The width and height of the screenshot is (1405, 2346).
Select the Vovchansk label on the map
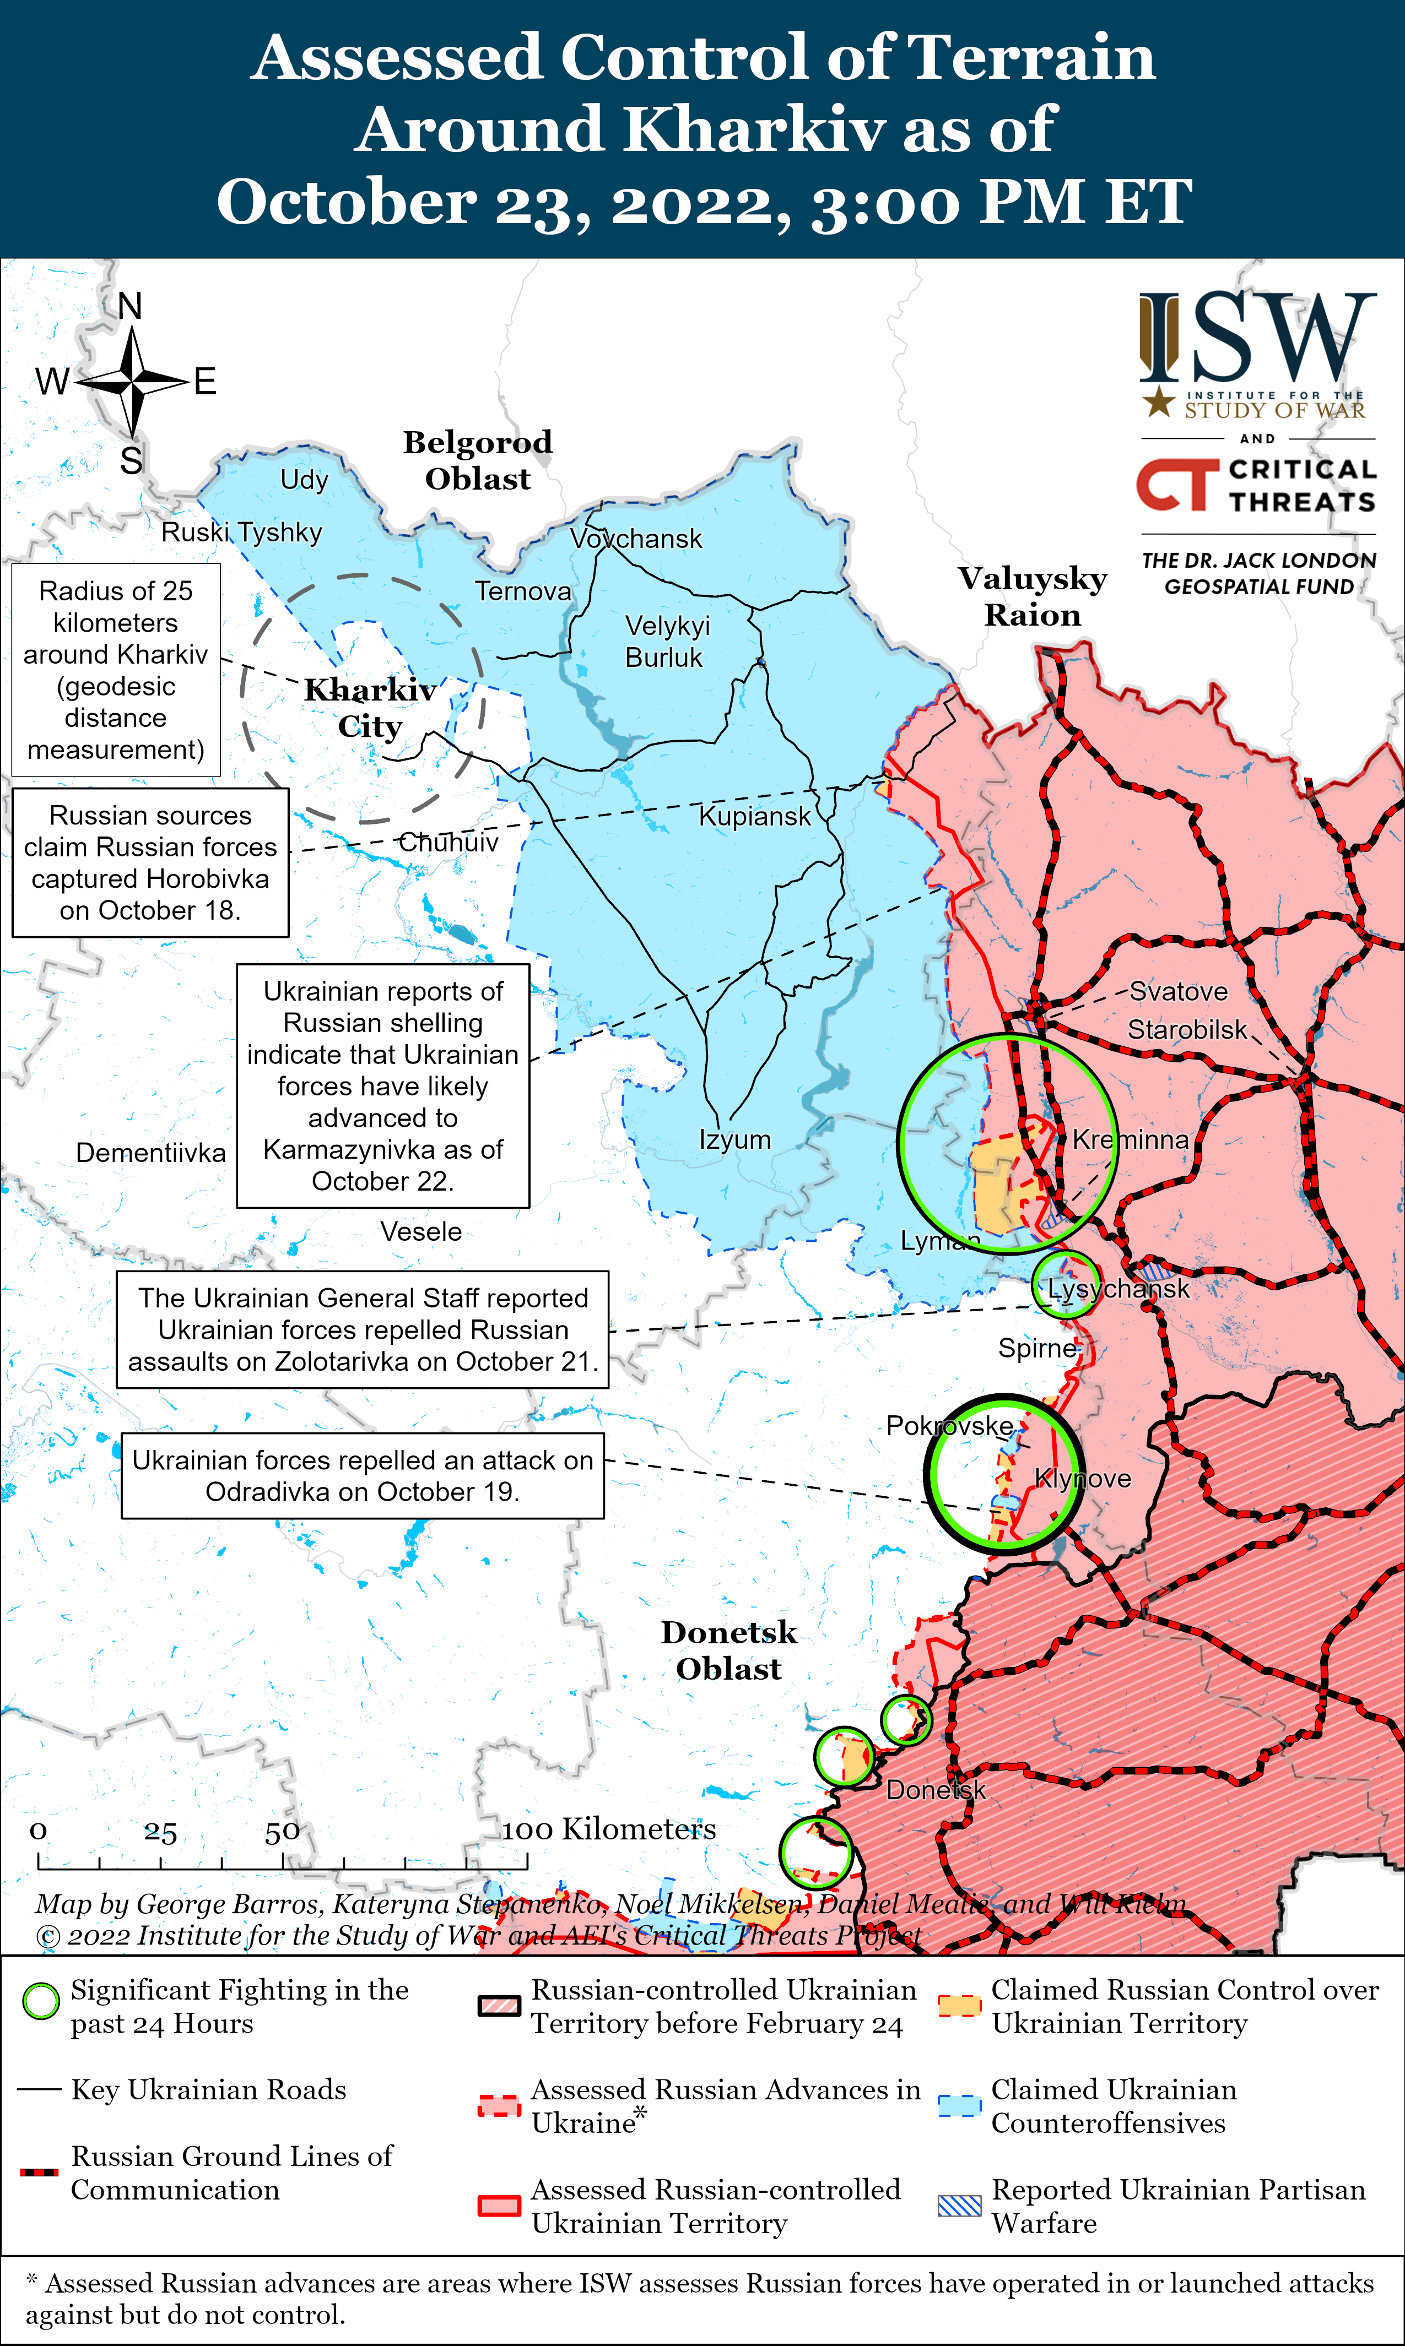[x=636, y=540]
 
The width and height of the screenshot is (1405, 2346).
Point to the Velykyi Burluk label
[x=667, y=642]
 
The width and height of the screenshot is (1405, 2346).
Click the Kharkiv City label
[x=370, y=708]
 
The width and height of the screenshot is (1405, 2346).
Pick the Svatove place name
[x=1178, y=992]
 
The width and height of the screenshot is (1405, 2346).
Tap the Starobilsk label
[x=1187, y=1030]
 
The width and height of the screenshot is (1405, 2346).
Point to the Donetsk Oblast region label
[x=729, y=1650]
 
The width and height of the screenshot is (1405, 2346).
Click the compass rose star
[x=133, y=382]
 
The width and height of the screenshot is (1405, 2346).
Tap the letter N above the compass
[x=131, y=307]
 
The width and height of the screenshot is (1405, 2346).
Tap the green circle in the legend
[x=41, y=2001]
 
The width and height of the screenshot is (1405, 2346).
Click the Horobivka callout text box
[x=150, y=863]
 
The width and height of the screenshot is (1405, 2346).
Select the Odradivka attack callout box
[x=363, y=1476]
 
